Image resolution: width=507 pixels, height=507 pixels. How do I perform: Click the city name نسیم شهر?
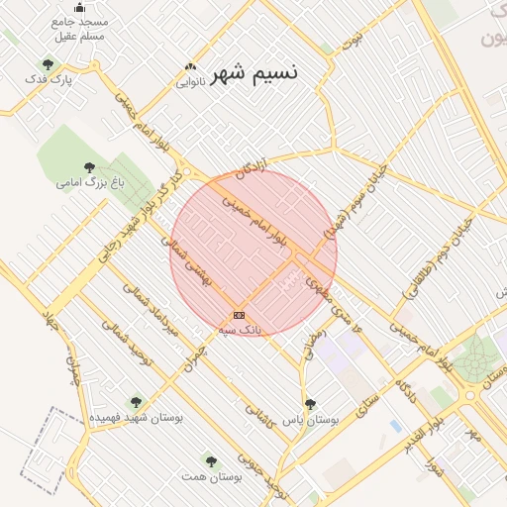256,72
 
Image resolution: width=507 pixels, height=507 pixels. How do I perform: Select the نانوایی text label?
190,82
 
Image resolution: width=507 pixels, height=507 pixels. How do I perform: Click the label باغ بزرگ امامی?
81,182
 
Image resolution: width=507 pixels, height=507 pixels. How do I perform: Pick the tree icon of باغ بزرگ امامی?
90,166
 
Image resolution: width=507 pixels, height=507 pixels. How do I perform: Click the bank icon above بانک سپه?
239,315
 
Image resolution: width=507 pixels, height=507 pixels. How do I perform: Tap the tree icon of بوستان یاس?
311,403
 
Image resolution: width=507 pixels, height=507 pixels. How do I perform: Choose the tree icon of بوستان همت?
210,460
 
